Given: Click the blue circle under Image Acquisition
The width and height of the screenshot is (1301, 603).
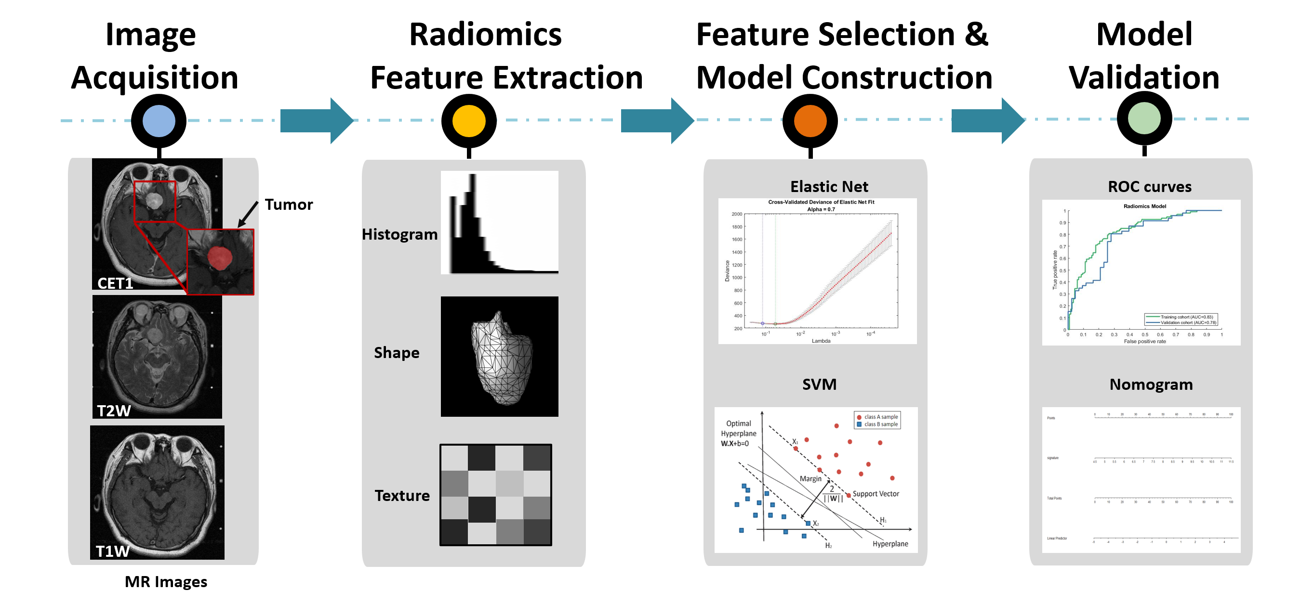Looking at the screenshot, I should click(x=159, y=121).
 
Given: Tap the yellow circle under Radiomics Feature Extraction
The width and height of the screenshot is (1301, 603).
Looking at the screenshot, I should click(x=469, y=121).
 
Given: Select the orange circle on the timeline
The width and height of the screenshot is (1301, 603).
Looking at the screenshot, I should click(x=810, y=121).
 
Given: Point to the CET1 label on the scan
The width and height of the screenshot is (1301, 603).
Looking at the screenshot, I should click(x=115, y=283).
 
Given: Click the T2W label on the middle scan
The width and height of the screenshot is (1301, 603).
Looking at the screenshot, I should click(x=114, y=410).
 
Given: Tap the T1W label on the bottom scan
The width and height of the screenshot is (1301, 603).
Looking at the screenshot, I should click(x=113, y=551).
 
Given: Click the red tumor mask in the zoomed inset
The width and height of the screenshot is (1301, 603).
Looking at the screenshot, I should click(x=220, y=257).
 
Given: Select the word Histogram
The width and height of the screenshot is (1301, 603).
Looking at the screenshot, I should click(x=399, y=234).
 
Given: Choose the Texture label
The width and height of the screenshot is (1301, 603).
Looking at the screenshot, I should click(x=402, y=496).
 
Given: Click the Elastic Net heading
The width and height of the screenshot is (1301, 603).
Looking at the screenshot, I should click(x=829, y=187).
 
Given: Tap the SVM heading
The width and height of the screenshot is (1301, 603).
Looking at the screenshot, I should click(x=819, y=385).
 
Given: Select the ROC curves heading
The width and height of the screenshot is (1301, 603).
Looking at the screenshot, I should click(x=1150, y=187).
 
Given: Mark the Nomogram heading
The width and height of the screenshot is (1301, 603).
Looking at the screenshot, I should click(x=1151, y=385).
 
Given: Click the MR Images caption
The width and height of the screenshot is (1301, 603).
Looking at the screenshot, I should click(x=166, y=582).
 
